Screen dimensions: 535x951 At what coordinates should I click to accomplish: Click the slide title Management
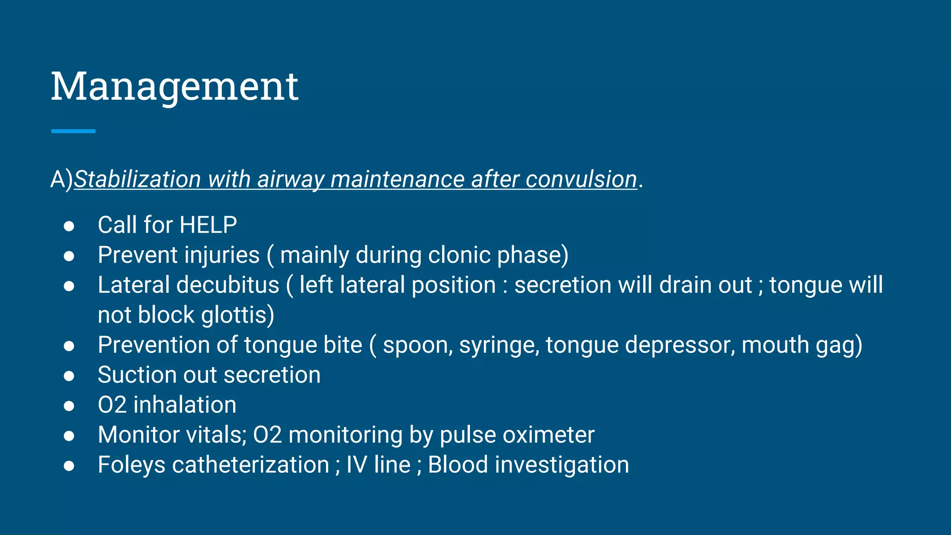[x=174, y=86]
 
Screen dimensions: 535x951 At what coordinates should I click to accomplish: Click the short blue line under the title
[x=73, y=131]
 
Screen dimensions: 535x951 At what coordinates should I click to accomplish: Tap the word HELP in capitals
[x=208, y=225]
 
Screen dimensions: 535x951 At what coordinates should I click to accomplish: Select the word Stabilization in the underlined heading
[x=137, y=179]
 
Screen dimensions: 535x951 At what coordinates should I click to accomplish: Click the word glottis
[x=237, y=315]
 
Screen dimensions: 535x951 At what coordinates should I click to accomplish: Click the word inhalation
[x=185, y=405]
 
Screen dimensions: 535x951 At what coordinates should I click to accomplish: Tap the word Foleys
[x=131, y=465]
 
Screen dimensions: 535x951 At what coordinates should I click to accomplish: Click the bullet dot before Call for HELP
[x=69, y=226]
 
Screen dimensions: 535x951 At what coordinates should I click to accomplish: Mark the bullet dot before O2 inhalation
[x=69, y=406]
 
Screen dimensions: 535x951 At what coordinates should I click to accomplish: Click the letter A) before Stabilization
[x=61, y=179]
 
